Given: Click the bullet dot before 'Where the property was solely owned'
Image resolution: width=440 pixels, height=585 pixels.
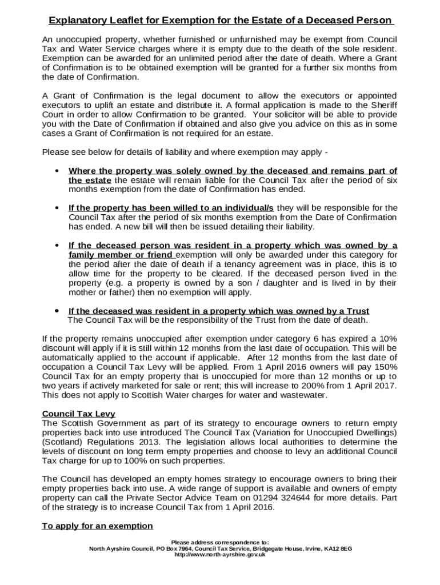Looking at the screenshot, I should [x=57, y=171].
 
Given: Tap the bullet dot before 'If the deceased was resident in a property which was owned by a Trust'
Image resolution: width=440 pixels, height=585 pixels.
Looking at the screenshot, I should [x=57, y=311].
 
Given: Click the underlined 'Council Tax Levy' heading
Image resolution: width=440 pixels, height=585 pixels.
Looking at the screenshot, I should [x=78, y=414].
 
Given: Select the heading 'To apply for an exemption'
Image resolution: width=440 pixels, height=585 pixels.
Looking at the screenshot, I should [x=98, y=526].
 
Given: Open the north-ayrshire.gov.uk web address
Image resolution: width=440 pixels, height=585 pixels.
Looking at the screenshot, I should [x=220, y=554].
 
